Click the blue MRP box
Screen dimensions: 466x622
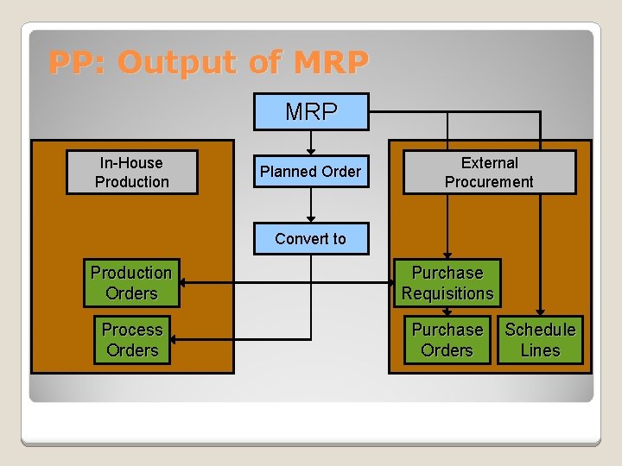311,111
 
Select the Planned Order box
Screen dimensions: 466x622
311,172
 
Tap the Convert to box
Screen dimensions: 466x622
311,238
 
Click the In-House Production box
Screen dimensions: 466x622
132,173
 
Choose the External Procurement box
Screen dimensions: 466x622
489,173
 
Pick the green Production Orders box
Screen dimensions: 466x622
131,283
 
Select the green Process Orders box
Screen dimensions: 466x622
131,340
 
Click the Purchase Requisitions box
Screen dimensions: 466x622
447,283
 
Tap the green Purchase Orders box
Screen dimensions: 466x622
447,340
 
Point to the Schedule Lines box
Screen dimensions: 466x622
540,340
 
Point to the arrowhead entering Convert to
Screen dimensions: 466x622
311,218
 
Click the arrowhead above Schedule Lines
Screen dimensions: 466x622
540,312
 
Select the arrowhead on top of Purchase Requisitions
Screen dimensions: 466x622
447,255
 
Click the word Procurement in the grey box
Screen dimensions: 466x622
489,182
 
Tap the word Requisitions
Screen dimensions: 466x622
447,293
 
